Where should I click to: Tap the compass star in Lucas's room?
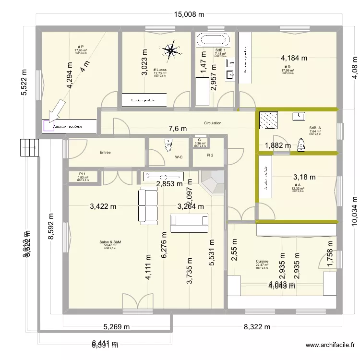click(x=170, y=50)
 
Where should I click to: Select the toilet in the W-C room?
click(x=168, y=144)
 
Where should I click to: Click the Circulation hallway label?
click(x=213, y=123)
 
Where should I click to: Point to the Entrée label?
click(x=105, y=153)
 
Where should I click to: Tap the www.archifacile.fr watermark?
click(x=331, y=345)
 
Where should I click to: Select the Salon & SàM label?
click(x=110, y=242)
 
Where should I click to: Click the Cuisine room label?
click(x=262, y=262)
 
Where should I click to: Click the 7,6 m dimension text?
click(x=178, y=129)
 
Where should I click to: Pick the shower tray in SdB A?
click(x=272, y=120)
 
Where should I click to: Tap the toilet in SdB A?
click(x=301, y=144)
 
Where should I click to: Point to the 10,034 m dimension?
click(x=355, y=210)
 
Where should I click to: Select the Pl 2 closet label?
click(x=209, y=155)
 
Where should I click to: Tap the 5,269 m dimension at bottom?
click(x=117, y=327)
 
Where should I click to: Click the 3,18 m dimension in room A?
click(x=304, y=177)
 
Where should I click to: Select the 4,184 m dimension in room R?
click(x=294, y=58)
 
